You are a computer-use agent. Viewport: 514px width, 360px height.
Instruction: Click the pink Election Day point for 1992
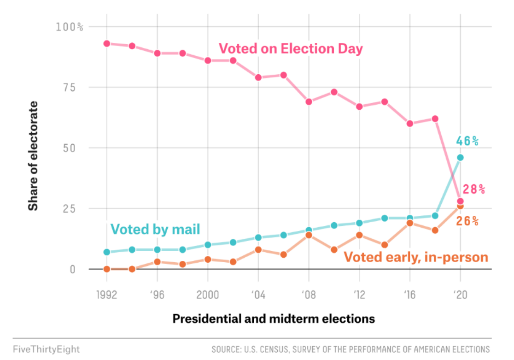click(x=107, y=43)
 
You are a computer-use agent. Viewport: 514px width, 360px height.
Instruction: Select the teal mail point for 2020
click(x=460, y=158)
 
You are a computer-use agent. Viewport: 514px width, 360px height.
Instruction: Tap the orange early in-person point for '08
click(x=309, y=235)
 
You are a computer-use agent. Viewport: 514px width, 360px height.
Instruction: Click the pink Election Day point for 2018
click(x=435, y=119)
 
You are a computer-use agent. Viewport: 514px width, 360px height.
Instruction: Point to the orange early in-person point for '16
click(x=410, y=223)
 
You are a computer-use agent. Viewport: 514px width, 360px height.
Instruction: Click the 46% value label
click(x=467, y=141)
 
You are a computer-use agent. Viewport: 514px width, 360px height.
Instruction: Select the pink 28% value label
click(x=474, y=189)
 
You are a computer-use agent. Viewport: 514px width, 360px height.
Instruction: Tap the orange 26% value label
click(x=467, y=221)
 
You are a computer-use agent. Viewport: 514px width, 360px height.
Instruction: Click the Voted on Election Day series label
click(x=291, y=49)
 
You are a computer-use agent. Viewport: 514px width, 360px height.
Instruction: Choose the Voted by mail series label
click(x=156, y=229)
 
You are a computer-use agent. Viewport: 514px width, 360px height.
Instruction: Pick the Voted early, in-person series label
click(x=416, y=257)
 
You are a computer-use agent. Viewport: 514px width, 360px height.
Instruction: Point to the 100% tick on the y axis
click(x=70, y=27)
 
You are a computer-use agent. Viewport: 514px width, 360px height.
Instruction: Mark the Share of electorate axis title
click(x=33, y=156)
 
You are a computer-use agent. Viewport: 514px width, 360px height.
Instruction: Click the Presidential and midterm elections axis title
click(x=274, y=319)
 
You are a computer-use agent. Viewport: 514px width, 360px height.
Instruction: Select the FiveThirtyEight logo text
click(x=46, y=349)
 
